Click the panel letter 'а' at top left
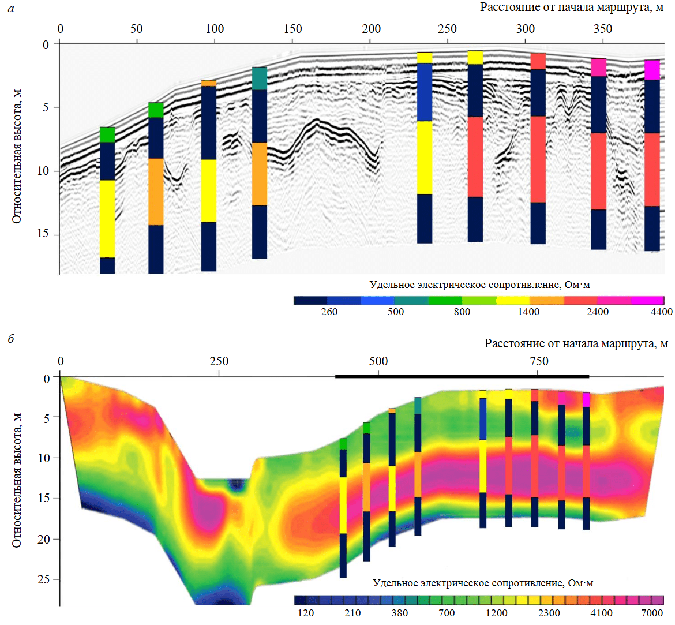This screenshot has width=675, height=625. pos(11,8)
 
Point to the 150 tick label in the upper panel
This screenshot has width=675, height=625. pos(292,29)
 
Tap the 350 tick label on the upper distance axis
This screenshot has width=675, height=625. pos(603,29)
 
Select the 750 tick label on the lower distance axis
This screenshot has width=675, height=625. pos(539,361)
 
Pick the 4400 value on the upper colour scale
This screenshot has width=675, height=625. pos(662,312)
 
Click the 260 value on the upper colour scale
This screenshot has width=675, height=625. pos(329,312)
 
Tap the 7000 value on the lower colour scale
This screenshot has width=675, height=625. pos(652,613)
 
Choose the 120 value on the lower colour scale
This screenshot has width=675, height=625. pos(306,613)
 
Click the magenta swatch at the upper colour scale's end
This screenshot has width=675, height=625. pos(647,301)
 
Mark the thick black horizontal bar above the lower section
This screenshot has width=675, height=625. pos(462,376)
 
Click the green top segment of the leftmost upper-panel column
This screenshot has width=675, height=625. pos(107,134)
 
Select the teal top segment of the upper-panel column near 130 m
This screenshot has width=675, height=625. pos(260,78)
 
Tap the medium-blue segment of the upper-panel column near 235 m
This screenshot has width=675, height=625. pos(425,92)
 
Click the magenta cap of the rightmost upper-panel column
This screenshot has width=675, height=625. pos(652,70)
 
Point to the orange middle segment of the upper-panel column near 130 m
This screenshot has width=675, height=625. pos(260,174)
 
